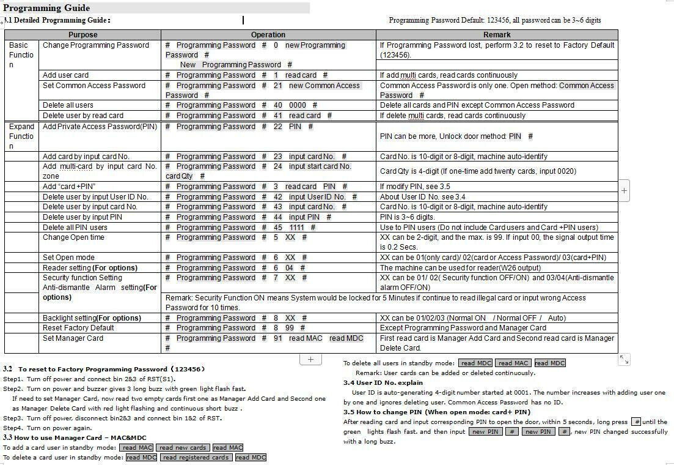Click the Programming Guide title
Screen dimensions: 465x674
(x=46, y=8)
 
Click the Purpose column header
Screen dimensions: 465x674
(x=82, y=35)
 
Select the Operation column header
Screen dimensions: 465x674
(x=268, y=35)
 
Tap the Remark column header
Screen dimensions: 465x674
(x=497, y=35)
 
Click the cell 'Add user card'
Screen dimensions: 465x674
(x=66, y=75)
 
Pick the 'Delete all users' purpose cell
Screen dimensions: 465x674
(x=68, y=105)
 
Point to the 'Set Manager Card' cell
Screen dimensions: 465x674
(x=73, y=338)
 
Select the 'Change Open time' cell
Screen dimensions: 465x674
(x=73, y=237)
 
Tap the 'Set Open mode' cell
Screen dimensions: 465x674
(x=68, y=258)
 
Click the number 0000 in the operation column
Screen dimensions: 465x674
(x=298, y=105)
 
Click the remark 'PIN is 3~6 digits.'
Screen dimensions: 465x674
(x=408, y=217)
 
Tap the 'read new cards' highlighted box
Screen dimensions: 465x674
(x=183, y=448)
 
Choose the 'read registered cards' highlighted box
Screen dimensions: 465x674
(x=196, y=458)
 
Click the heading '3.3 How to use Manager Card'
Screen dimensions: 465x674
(x=75, y=437)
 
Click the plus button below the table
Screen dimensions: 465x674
(x=310, y=359)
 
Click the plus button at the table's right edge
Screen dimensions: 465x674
(x=624, y=190)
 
